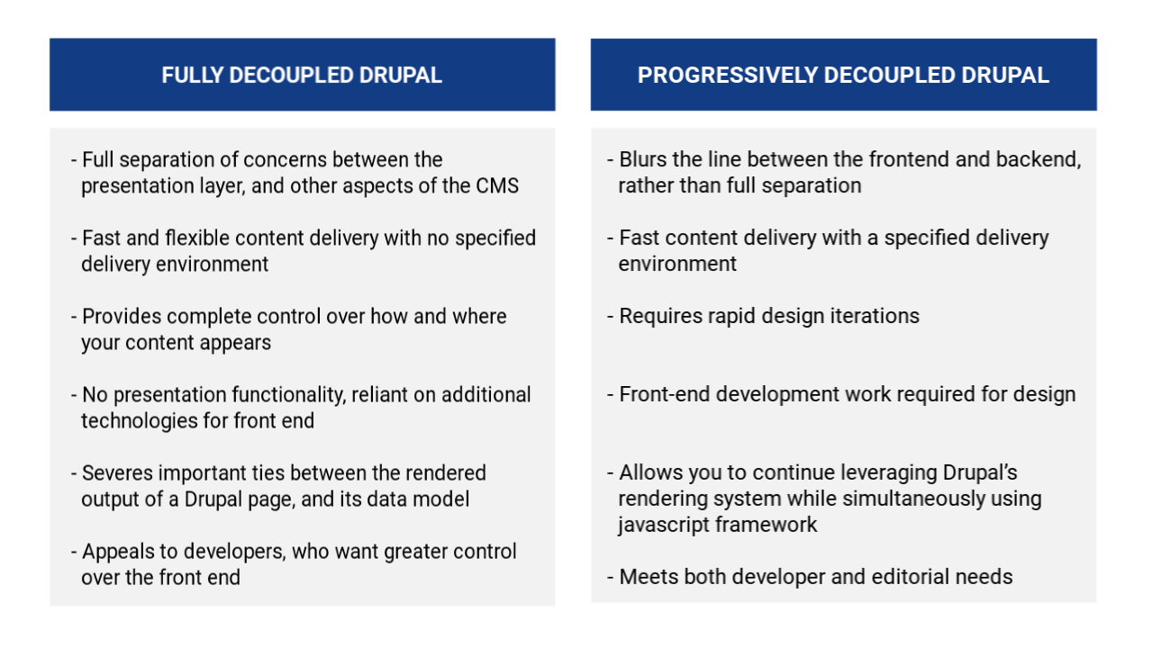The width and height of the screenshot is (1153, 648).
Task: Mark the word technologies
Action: [139, 421]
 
